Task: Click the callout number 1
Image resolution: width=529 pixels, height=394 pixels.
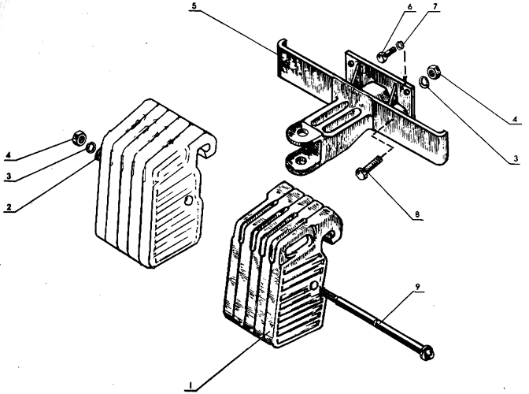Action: pos(191,385)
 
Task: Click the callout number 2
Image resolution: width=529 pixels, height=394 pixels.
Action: pos(9,207)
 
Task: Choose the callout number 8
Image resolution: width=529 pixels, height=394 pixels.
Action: pos(417,214)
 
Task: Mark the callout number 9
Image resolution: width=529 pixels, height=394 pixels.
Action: pos(418,287)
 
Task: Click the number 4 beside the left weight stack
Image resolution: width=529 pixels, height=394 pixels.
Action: pos(9,156)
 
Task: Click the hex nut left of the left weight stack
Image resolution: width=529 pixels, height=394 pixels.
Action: pos(80,137)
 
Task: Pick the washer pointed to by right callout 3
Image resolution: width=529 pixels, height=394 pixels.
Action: pos(424,82)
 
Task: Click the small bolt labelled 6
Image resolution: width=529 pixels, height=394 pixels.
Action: pos(387,54)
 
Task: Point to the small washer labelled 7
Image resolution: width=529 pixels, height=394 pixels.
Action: pos(400,44)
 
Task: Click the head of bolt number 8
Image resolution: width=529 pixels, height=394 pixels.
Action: pos(361,174)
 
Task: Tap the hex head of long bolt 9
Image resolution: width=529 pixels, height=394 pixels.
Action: pos(427,352)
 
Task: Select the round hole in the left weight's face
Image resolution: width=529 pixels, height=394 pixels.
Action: pos(189,200)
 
